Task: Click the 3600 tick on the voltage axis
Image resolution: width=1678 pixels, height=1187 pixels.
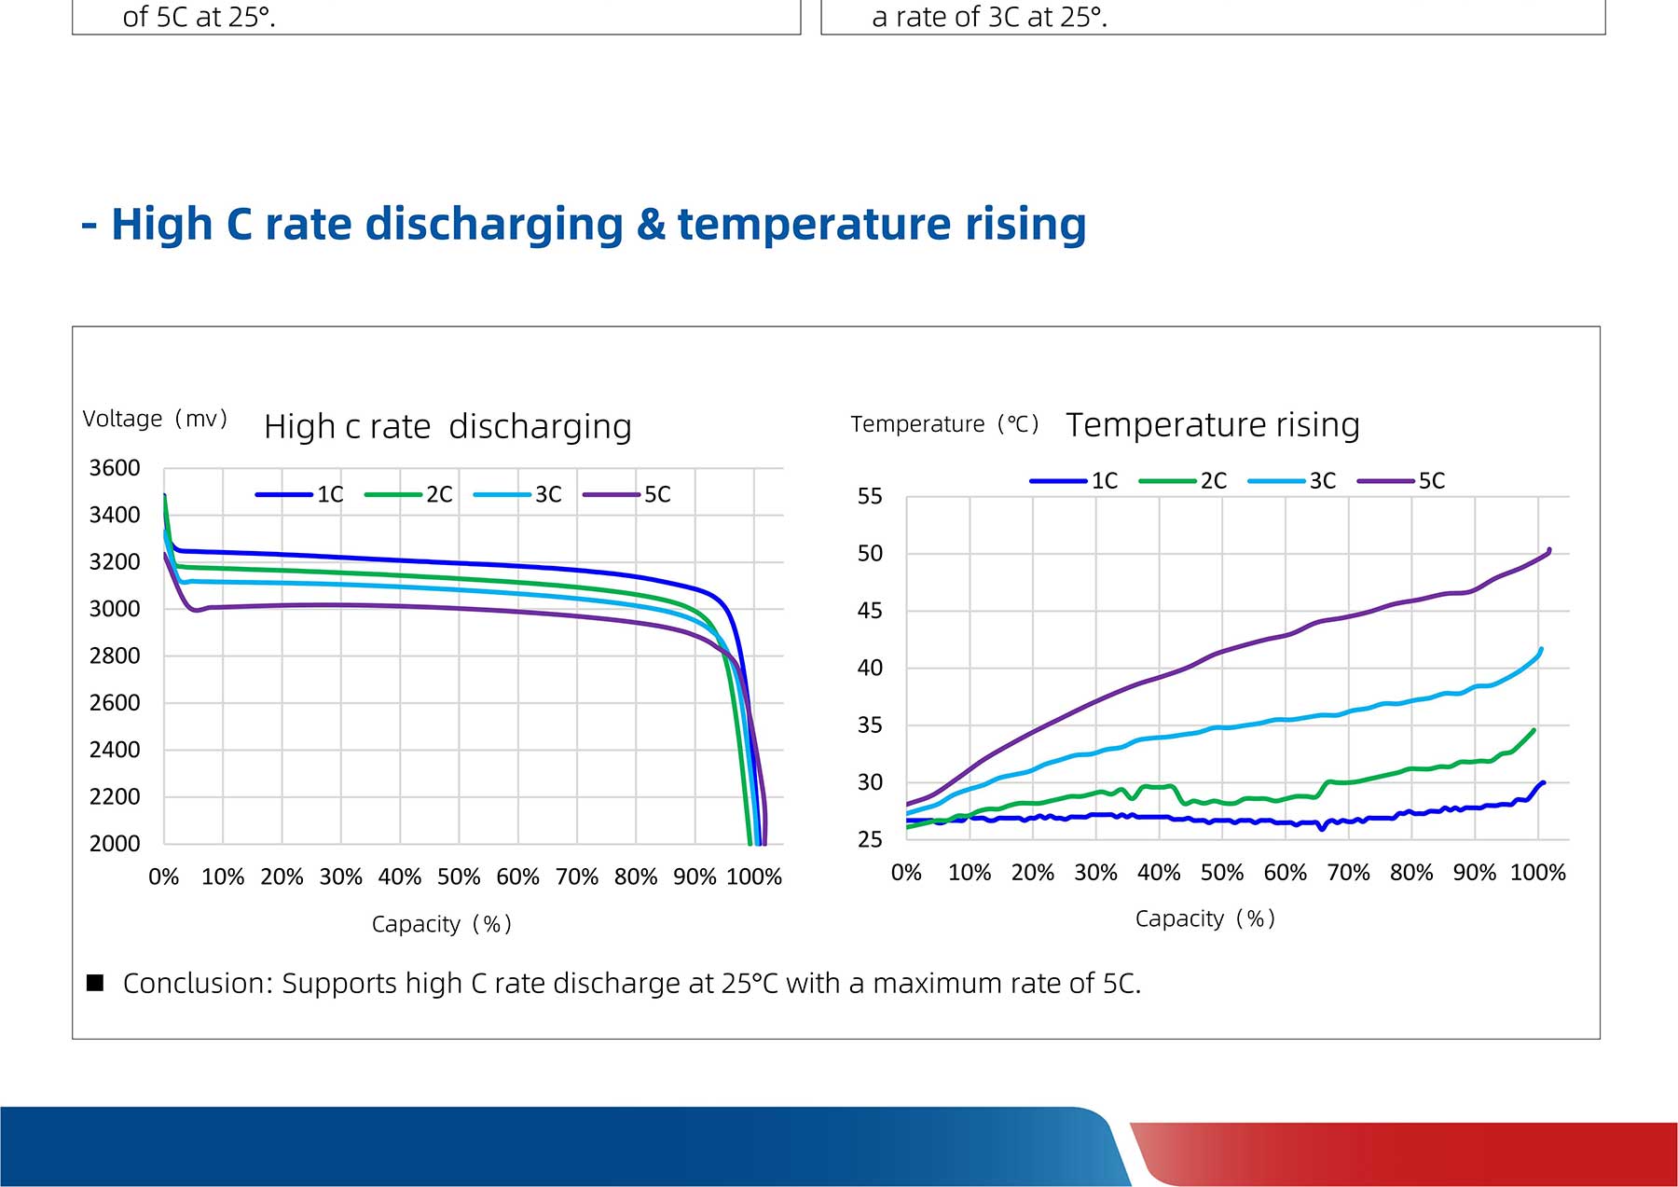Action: [115, 468]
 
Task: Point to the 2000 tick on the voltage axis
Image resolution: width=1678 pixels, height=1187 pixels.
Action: [115, 844]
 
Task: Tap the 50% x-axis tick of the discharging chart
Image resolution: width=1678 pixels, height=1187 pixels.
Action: [459, 877]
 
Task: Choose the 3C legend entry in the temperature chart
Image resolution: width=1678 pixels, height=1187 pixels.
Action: [1292, 481]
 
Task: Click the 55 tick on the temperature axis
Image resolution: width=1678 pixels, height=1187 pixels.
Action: [870, 497]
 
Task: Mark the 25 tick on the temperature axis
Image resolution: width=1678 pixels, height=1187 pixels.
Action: [870, 840]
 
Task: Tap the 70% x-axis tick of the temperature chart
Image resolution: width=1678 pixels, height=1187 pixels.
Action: [1348, 874]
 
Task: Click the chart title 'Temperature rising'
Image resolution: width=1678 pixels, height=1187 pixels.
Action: [1213, 425]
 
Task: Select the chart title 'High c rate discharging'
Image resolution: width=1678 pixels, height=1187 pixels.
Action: [447, 427]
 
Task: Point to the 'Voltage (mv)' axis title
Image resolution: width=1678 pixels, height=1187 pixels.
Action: [155, 420]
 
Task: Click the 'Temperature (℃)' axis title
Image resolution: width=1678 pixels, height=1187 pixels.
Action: [944, 425]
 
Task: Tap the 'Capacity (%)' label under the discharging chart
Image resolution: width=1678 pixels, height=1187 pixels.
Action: [442, 924]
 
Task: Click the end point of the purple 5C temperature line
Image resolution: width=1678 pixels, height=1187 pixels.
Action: [1549, 550]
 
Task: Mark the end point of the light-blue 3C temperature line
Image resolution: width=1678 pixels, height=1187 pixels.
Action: [1541, 649]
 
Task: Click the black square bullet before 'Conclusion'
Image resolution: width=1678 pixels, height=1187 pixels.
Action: [95, 983]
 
